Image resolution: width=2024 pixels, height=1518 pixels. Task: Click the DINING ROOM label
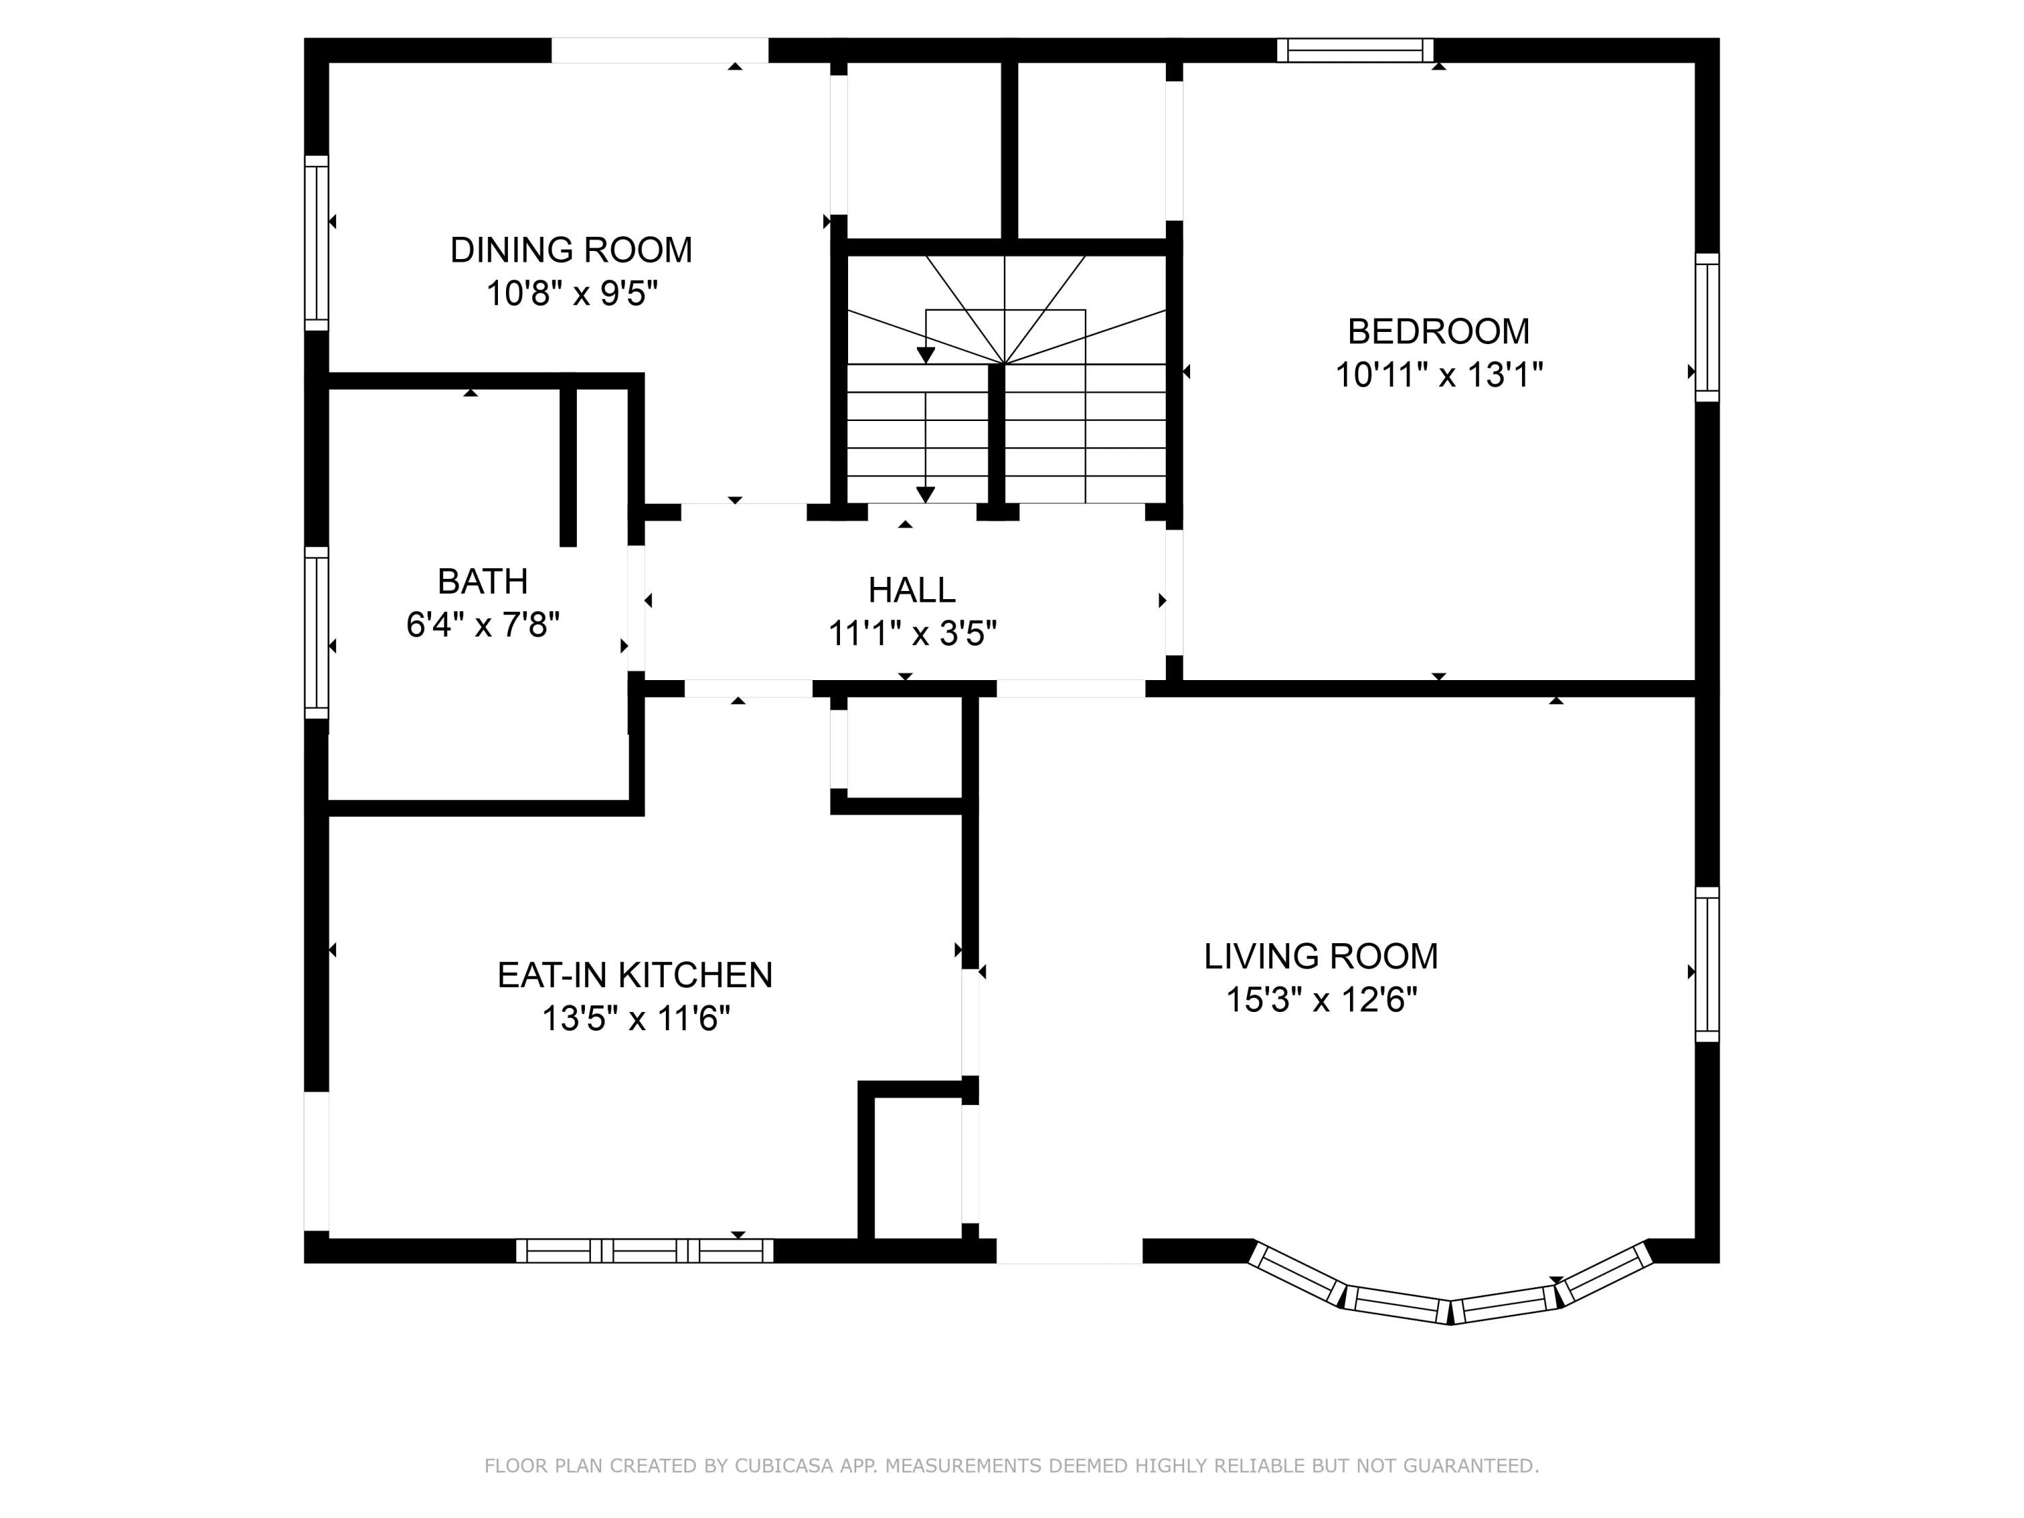[x=571, y=250]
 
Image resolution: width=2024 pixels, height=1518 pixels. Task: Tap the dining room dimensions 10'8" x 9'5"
[x=572, y=293]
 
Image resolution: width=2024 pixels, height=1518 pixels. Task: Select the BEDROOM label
[x=1438, y=331]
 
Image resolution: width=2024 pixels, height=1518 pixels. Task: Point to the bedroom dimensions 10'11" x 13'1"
[x=1439, y=374]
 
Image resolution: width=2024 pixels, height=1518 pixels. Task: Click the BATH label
[x=482, y=581]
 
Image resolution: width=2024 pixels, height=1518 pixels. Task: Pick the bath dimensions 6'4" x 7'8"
[x=483, y=625]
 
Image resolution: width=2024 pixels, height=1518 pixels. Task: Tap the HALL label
[x=911, y=590]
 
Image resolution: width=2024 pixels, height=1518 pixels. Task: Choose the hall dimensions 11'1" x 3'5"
[x=912, y=634]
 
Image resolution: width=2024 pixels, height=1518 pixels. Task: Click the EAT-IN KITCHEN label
[x=635, y=976]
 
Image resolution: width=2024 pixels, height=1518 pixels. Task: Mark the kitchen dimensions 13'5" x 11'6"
[x=636, y=1018]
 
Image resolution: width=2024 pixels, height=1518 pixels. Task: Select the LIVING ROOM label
[x=1320, y=956]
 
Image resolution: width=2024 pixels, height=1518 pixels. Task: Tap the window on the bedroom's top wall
[x=1355, y=51]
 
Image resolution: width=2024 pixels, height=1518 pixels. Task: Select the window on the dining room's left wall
[x=316, y=242]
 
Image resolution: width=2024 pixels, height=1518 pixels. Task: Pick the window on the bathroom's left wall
[x=316, y=634]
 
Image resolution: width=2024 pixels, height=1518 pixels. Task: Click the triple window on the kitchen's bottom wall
[x=645, y=1251]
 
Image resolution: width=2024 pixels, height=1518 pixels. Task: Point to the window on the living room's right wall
[x=1708, y=964]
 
